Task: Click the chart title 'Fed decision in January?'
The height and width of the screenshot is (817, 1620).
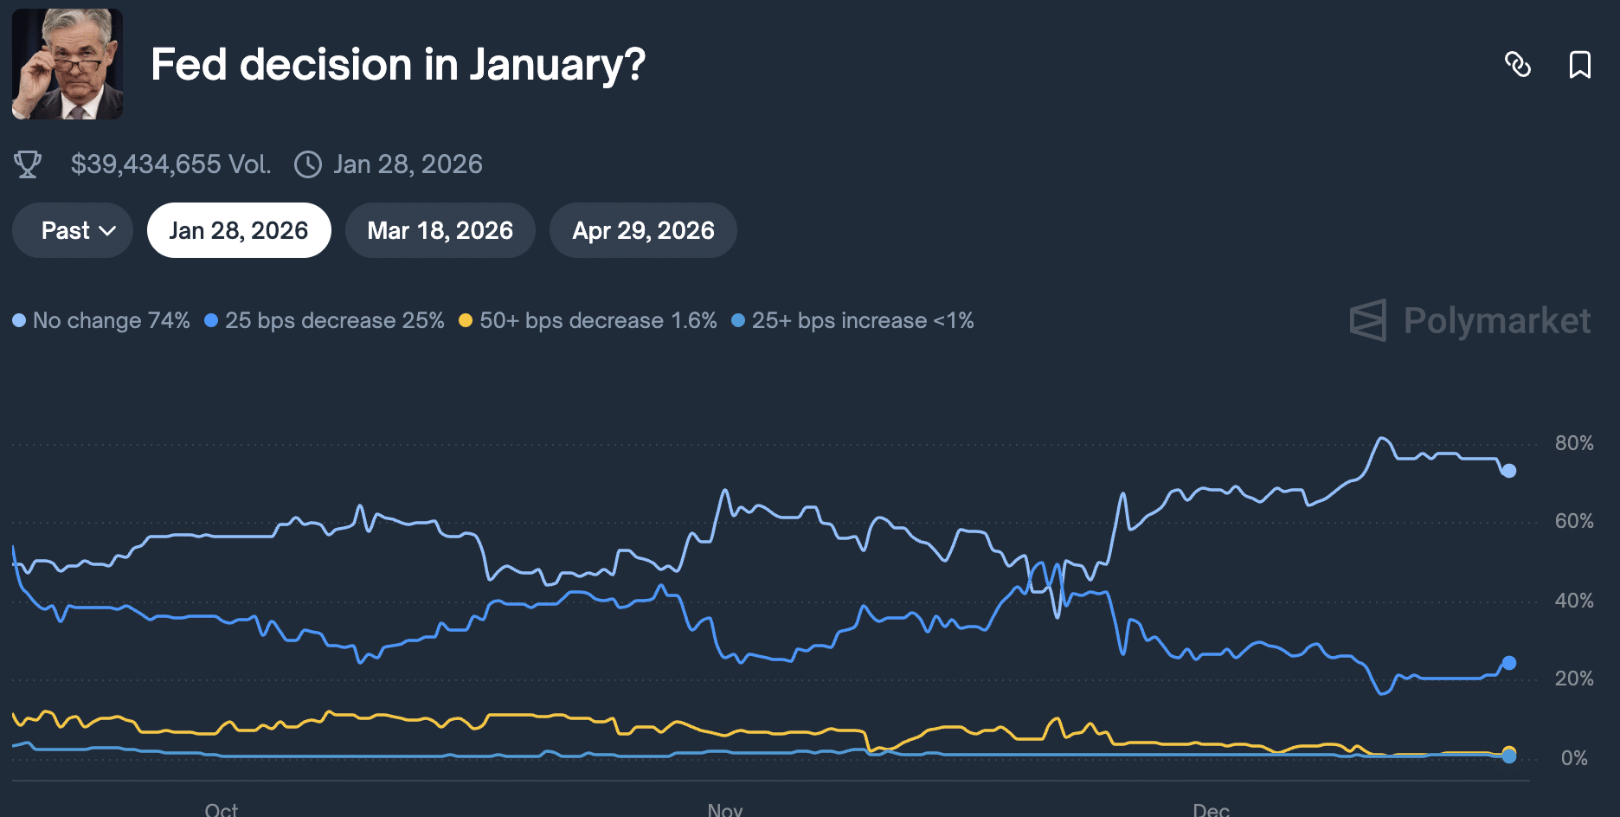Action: pos(398,65)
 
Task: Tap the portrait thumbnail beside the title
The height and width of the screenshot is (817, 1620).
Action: pos(67,64)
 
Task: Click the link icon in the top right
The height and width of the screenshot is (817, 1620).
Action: pos(1518,65)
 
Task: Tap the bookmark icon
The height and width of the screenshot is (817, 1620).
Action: pos(1580,65)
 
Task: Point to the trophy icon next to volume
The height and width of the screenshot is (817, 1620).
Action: pos(28,164)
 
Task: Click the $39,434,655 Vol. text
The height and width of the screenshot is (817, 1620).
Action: pos(170,164)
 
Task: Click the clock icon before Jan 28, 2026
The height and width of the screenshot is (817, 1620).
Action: pos(308,164)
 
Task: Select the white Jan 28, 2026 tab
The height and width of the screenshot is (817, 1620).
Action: pos(239,231)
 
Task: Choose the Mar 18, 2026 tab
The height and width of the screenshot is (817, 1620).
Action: pos(440,231)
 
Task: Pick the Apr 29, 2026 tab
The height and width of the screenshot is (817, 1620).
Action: pos(643,231)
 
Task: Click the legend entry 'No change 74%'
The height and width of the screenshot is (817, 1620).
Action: pos(102,321)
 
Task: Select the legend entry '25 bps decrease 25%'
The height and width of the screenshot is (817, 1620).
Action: pos(325,321)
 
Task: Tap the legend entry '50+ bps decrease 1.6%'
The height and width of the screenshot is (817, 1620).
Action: pos(588,321)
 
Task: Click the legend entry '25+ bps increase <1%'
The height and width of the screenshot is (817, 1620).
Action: pos(853,321)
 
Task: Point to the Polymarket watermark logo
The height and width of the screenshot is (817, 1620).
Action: pos(1470,321)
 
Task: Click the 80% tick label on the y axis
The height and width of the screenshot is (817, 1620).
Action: pos(1574,443)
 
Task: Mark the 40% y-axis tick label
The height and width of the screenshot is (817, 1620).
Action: pos(1574,601)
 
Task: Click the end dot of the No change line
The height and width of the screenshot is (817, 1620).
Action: pos(1509,471)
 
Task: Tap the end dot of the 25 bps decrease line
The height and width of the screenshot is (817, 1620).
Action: pos(1509,663)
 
